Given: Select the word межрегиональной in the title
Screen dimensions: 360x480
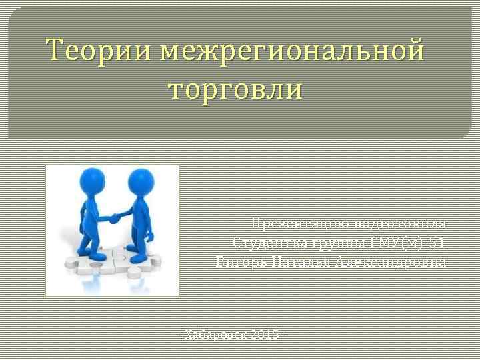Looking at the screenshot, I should coord(293,51).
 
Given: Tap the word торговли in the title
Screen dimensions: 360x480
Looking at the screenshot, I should coord(235,89).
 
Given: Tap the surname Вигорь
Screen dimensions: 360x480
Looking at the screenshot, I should coord(239,261).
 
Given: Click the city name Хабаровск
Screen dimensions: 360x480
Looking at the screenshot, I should coord(217,333).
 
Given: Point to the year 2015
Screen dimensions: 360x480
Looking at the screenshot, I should coord(267,333).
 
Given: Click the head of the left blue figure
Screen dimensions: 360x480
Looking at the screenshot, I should coord(93,181).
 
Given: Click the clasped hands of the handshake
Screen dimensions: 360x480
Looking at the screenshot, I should coord(115,217).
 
